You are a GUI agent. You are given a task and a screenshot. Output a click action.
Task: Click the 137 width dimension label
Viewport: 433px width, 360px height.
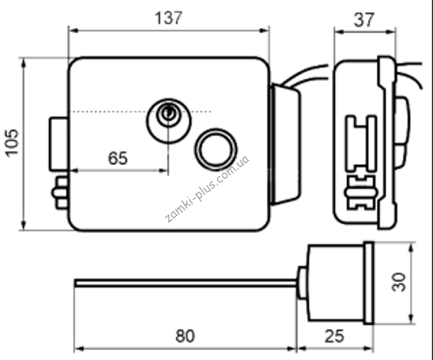click(x=168, y=18)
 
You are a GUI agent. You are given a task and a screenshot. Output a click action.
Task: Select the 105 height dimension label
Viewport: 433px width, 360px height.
click(x=12, y=143)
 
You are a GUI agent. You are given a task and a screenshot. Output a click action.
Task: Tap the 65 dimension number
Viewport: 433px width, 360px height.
click(x=118, y=158)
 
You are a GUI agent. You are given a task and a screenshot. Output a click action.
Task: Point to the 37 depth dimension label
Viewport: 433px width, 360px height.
click(x=364, y=19)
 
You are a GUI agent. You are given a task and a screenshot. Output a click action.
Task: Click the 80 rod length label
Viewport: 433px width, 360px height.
click(x=185, y=336)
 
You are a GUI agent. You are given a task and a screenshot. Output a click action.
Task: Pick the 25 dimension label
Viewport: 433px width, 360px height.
click(x=334, y=336)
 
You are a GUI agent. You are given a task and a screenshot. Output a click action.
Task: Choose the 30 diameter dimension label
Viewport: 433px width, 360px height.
click(x=399, y=282)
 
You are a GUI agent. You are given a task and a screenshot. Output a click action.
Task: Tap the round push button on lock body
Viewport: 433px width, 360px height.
click(x=216, y=150)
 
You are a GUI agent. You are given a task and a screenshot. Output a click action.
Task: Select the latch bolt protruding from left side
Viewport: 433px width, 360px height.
click(x=59, y=144)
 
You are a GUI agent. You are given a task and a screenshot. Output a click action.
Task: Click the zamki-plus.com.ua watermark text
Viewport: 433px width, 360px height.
click(x=207, y=189)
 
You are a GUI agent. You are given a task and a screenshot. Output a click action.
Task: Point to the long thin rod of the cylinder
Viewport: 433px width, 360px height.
click(x=186, y=283)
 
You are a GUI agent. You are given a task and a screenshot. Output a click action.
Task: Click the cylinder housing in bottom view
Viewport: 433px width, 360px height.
click(x=336, y=283)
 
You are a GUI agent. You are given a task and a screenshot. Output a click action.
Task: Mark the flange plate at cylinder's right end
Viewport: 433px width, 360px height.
click(x=369, y=283)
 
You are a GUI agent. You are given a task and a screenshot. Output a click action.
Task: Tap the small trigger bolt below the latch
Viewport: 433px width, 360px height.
click(x=60, y=193)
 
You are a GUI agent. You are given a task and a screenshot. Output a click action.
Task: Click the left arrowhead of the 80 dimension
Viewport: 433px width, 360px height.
click(x=79, y=349)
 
